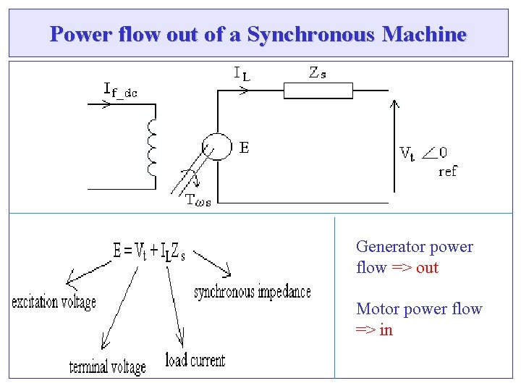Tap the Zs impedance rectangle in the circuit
(318, 91)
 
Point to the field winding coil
(151, 148)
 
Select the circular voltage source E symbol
(215, 147)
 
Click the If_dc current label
(120, 91)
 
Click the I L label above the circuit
(242, 73)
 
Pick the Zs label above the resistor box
(317, 72)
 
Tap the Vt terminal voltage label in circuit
(407, 153)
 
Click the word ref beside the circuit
(448, 172)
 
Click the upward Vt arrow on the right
(394, 145)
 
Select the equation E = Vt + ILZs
(150, 252)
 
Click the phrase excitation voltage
(54, 302)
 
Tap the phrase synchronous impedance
(253, 292)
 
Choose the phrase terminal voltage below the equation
(107, 367)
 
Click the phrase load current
(195, 360)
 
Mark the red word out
(428, 267)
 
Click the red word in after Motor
(386, 329)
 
